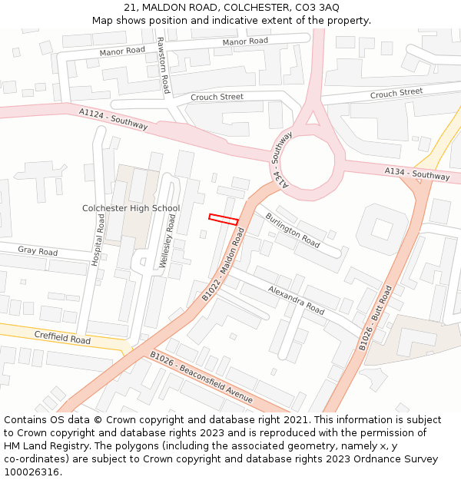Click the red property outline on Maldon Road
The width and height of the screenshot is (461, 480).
click(224, 220)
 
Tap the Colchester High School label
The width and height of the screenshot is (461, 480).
click(131, 208)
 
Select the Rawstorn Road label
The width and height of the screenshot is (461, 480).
click(164, 65)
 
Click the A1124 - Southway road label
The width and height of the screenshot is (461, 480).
click(113, 118)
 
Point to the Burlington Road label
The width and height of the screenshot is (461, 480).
click(293, 230)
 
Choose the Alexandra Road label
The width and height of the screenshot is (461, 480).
click(296, 300)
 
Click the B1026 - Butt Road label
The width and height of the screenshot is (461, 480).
click(376, 319)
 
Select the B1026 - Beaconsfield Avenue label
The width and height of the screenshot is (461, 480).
click(201, 377)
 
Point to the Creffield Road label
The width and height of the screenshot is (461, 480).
click(62, 337)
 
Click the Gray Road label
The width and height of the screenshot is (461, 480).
click(38, 251)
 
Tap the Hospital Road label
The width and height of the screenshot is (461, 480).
click(98, 240)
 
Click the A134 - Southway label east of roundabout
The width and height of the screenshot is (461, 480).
click(417, 174)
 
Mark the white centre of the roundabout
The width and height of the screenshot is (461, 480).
click(307, 161)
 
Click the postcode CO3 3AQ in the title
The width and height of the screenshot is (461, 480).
click(317, 7)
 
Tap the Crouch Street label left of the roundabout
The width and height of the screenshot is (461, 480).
click(217, 97)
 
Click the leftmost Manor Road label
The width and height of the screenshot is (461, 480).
click(122, 51)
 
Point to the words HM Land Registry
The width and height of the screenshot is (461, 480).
click(46, 446)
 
